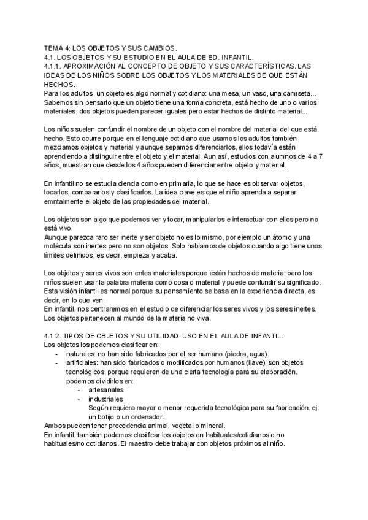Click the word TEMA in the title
pos(55,47)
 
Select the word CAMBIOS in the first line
pos(158,47)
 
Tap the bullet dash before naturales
pos(57,355)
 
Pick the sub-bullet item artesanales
pos(105,391)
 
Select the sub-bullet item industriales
pos(105,400)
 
